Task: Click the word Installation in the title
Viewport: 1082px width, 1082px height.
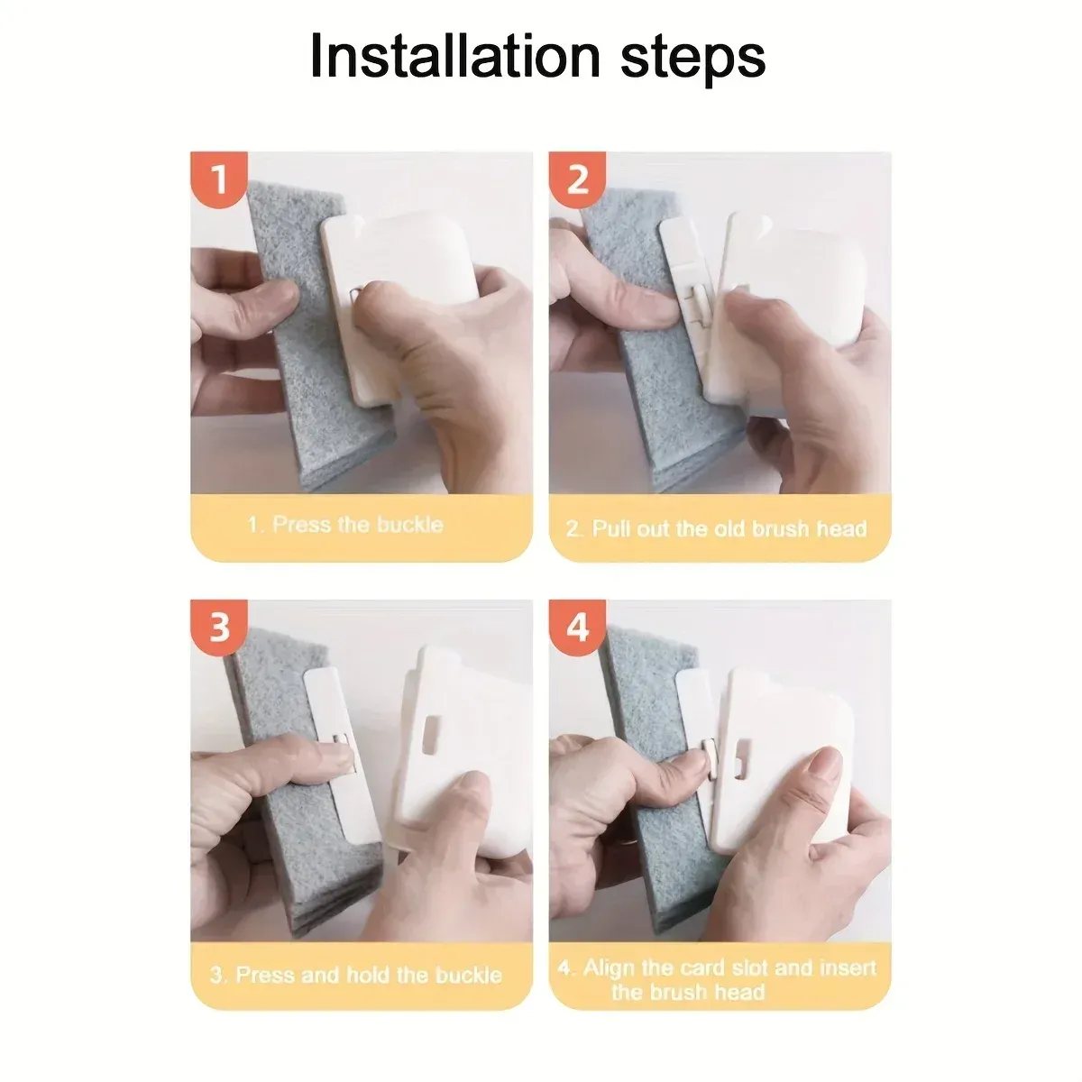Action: (455, 57)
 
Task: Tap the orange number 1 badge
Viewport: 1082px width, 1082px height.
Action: (219, 179)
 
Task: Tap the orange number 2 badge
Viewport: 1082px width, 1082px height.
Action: (577, 179)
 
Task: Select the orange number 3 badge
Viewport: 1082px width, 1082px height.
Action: (219, 628)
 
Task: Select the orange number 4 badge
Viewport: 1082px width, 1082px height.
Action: (577, 628)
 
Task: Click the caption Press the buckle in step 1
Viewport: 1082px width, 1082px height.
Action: (345, 525)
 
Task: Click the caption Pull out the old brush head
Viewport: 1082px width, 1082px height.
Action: (717, 529)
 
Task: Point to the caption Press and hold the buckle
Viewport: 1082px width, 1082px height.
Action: (356, 976)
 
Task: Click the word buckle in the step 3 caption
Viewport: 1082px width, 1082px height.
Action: (469, 976)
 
